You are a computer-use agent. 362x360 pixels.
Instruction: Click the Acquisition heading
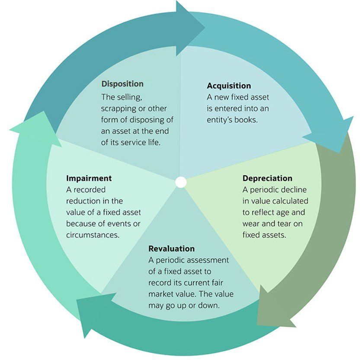pos(228,86)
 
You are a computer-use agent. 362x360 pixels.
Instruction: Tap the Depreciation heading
pos(267,178)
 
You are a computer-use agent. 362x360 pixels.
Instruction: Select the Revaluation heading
pos(171,249)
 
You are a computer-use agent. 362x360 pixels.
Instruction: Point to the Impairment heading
pos(89,178)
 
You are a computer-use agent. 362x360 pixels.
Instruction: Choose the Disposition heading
pos(122,84)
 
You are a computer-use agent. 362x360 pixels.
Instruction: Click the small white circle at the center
pos(181,182)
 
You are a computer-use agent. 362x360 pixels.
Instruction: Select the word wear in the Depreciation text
pos(252,224)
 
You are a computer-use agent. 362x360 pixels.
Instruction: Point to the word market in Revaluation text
pos(164,294)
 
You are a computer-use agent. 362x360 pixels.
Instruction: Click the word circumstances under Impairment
pos(93,235)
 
